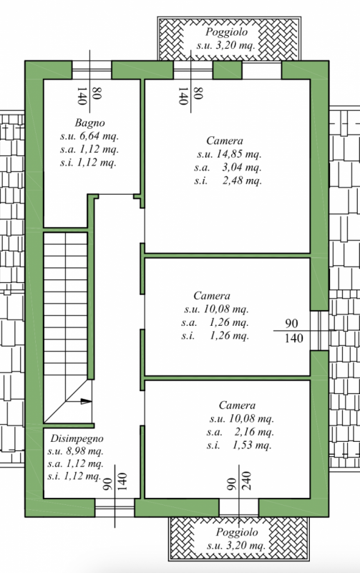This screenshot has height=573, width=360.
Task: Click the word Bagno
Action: coord(89,122)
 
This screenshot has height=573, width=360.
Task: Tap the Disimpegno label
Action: coord(77,439)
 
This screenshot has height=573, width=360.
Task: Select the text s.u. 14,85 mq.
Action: coord(229,154)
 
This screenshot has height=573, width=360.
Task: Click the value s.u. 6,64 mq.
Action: coord(89,136)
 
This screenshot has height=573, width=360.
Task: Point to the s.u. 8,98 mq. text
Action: coord(75,451)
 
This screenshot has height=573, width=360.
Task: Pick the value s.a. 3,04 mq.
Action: coord(228,168)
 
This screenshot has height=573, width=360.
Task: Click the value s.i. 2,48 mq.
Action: coord(228,181)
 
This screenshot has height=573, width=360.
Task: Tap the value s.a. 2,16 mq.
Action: coord(240,433)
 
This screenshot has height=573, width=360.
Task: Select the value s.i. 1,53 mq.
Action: coord(239,446)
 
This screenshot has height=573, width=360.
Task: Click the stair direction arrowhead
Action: coord(86,401)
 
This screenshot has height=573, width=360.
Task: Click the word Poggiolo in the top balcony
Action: coord(226,32)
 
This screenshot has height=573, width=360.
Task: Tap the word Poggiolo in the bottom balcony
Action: coord(237,532)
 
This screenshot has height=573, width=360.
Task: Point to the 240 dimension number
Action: coord(246,481)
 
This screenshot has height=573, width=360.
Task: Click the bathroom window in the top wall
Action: coord(92,69)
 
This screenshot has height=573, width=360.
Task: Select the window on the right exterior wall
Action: coord(319,330)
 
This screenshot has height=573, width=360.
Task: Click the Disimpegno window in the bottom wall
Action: coord(115,507)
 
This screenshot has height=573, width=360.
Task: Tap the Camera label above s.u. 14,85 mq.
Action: coord(225,141)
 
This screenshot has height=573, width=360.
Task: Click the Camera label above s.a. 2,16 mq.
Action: coord(237,405)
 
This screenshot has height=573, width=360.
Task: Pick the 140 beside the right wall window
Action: coord(294,338)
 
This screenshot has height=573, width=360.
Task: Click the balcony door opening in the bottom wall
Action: coord(239,507)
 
